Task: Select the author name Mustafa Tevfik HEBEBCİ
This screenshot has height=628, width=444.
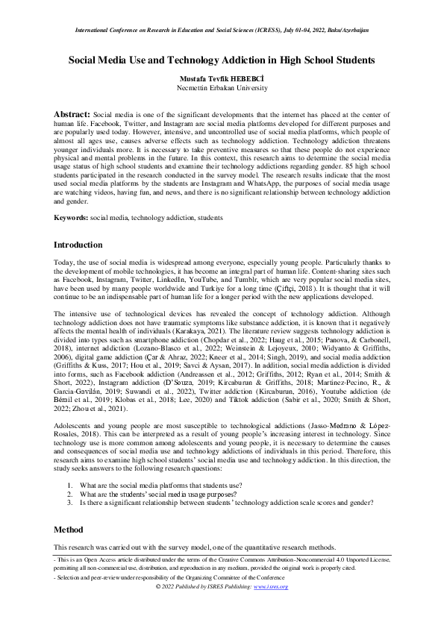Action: pos(222,78)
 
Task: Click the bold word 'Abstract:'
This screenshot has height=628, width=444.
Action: pos(72,113)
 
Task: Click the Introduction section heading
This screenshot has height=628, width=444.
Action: pos(78,245)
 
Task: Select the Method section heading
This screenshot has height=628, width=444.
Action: pos(68,529)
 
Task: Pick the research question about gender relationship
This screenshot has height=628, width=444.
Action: pos(224,503)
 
